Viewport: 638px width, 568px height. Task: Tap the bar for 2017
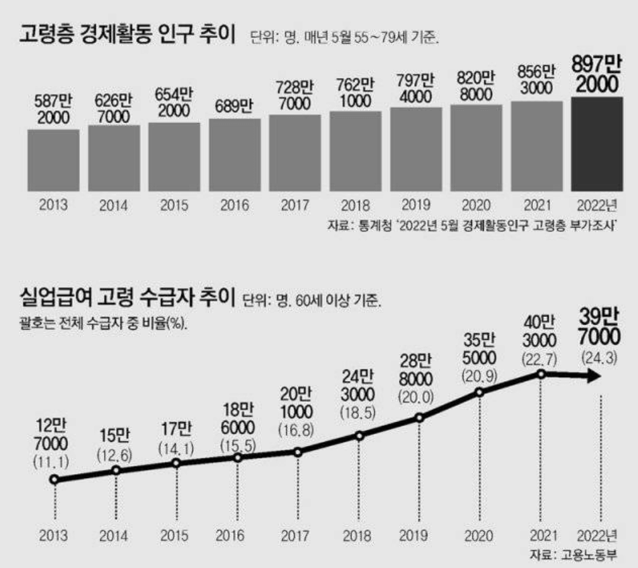tap(295, 152)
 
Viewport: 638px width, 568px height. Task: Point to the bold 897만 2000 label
tap(597, 75)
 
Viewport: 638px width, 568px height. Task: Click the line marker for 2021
tap(541, 374)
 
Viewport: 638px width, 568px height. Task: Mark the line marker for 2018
tap(359, 436)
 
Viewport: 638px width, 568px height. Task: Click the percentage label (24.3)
tap(599, 358)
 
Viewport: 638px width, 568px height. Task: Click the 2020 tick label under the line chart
tap(479, 536)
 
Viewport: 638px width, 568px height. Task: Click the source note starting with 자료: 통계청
tap(473, 225)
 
